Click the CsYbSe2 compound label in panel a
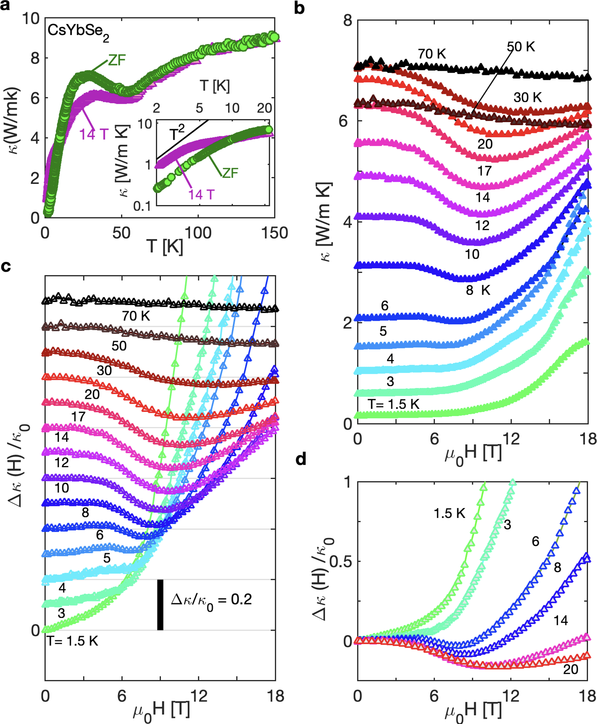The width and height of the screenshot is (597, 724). (x=78, y=32)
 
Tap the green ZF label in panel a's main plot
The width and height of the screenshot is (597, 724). (x=117, y=60)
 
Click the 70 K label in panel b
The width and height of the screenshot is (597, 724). (x=432, y=54)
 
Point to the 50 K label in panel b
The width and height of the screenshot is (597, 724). (x=521, y=47)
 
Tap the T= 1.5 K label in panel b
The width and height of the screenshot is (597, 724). (x=394, y=404)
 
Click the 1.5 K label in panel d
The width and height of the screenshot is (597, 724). (x=449, y=514)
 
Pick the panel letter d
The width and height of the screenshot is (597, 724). (x=301, y=459)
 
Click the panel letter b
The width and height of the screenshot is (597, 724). (x=299, y=8)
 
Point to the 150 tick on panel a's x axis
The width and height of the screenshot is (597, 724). (x=274, y=233)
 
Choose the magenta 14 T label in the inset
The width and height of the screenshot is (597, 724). (x=201, y=195)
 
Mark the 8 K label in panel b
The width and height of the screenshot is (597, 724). (x=478, y=291)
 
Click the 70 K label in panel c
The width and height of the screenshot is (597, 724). (x=136, y=316)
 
